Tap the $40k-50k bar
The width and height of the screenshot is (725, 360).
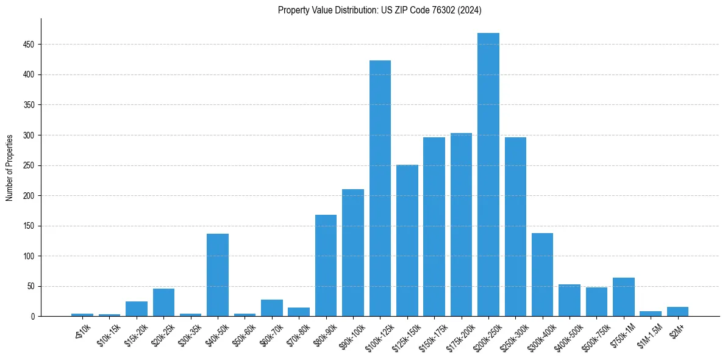point(218,275)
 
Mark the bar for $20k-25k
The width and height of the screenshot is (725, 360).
point(163,303)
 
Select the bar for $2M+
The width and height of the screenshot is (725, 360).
point(677,312)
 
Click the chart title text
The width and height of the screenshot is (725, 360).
point(380,10)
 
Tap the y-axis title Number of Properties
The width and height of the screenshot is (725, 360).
point(10,168)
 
